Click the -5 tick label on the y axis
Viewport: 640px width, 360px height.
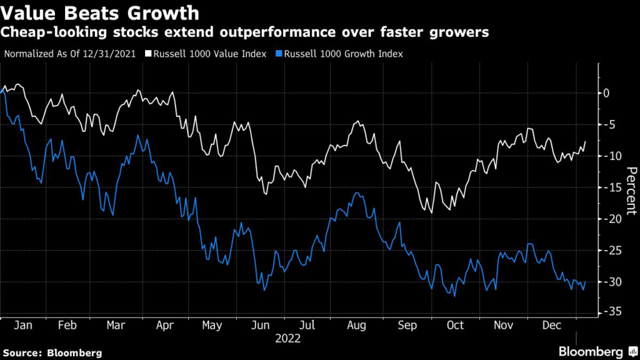pos(607,124)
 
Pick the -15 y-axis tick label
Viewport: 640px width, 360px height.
pos(609,187)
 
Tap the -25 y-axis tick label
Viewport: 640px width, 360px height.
pos(609,251)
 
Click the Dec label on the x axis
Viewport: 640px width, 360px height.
pos(550,326)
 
